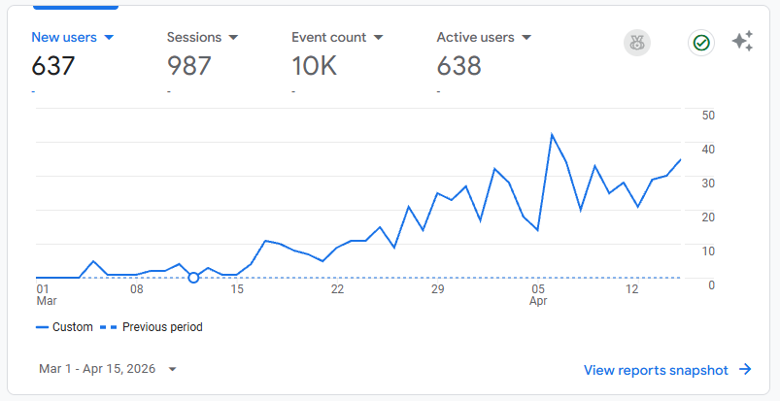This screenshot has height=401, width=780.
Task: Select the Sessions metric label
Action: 194,38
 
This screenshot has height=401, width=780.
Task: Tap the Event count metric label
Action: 328,38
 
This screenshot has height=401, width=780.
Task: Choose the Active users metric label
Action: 476,38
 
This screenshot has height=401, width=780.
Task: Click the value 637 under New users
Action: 53,66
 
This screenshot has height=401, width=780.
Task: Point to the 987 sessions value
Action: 189,66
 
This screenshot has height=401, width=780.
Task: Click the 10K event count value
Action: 314,66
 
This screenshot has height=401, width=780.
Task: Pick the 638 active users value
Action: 459,66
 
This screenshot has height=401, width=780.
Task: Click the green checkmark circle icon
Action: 701,43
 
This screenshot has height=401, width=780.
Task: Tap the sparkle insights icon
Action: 742,42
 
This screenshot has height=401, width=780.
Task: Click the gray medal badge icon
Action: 637,43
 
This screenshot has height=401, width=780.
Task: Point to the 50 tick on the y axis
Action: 708,115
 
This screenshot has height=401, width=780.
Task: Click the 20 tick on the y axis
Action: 708,217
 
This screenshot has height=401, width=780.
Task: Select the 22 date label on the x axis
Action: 337,289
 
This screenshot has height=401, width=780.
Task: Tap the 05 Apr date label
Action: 538,295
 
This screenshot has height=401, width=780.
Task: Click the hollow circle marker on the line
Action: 193,278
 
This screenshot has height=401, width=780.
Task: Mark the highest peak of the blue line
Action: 552,134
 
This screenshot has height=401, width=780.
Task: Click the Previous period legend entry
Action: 154,327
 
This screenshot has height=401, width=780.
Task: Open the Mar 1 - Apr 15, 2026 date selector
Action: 108,369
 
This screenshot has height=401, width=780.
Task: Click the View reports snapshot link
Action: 667,370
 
